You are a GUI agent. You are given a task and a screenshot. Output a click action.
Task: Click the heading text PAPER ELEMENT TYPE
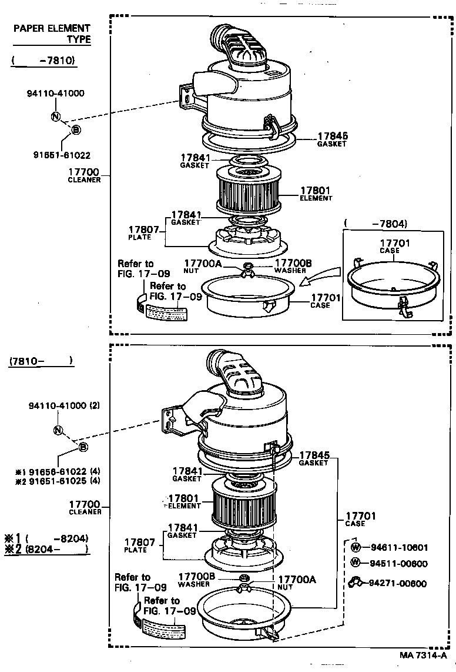pyautogui.click(x=53, y=34)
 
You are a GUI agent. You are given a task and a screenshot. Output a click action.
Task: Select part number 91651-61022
pyautogui.click(x=61, y=155)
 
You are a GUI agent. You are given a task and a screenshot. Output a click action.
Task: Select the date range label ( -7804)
pyautogui.click(x=375, y=224)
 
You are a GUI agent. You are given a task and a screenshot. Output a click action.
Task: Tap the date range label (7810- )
pyautogui.click(x=41, y=361)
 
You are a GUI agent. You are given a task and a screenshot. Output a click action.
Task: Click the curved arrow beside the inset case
pyautogui.click(x=320, y=275)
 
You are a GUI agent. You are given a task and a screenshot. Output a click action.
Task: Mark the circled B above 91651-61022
pyautogui.click(x=76, y=130)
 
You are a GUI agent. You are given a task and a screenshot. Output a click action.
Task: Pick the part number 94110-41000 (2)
pyautogui.click(x=64, y=406)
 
